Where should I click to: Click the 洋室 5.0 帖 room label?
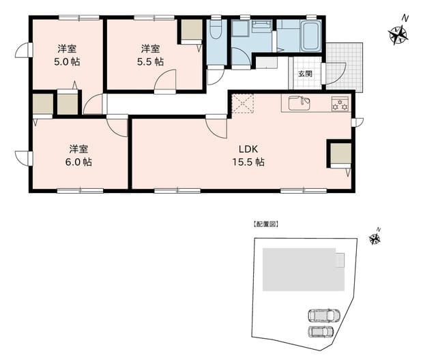67,55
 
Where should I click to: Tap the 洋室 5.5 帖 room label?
150,55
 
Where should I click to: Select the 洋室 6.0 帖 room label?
78,155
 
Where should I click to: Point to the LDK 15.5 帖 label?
248,155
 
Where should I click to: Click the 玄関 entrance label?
305,74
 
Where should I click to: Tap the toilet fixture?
216,29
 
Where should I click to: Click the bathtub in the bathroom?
312,36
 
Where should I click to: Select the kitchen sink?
300,103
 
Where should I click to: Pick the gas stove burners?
340,104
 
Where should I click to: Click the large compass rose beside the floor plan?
398,35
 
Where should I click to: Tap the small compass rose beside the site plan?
375,239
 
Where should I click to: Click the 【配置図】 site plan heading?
265,224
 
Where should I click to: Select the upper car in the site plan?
324,315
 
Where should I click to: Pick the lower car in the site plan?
321,331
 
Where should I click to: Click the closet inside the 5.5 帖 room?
192,30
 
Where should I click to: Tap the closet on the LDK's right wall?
341,153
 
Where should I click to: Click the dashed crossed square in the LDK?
243,104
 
